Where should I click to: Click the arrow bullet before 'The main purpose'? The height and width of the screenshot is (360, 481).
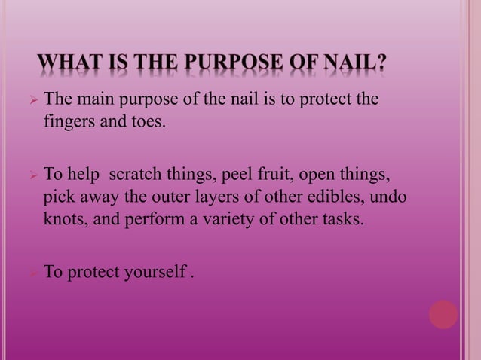click(x=32, y=99)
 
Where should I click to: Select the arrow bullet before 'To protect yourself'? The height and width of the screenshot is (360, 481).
click(x=32, y=272)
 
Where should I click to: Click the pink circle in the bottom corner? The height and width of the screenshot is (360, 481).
click(x=443, y=315)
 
